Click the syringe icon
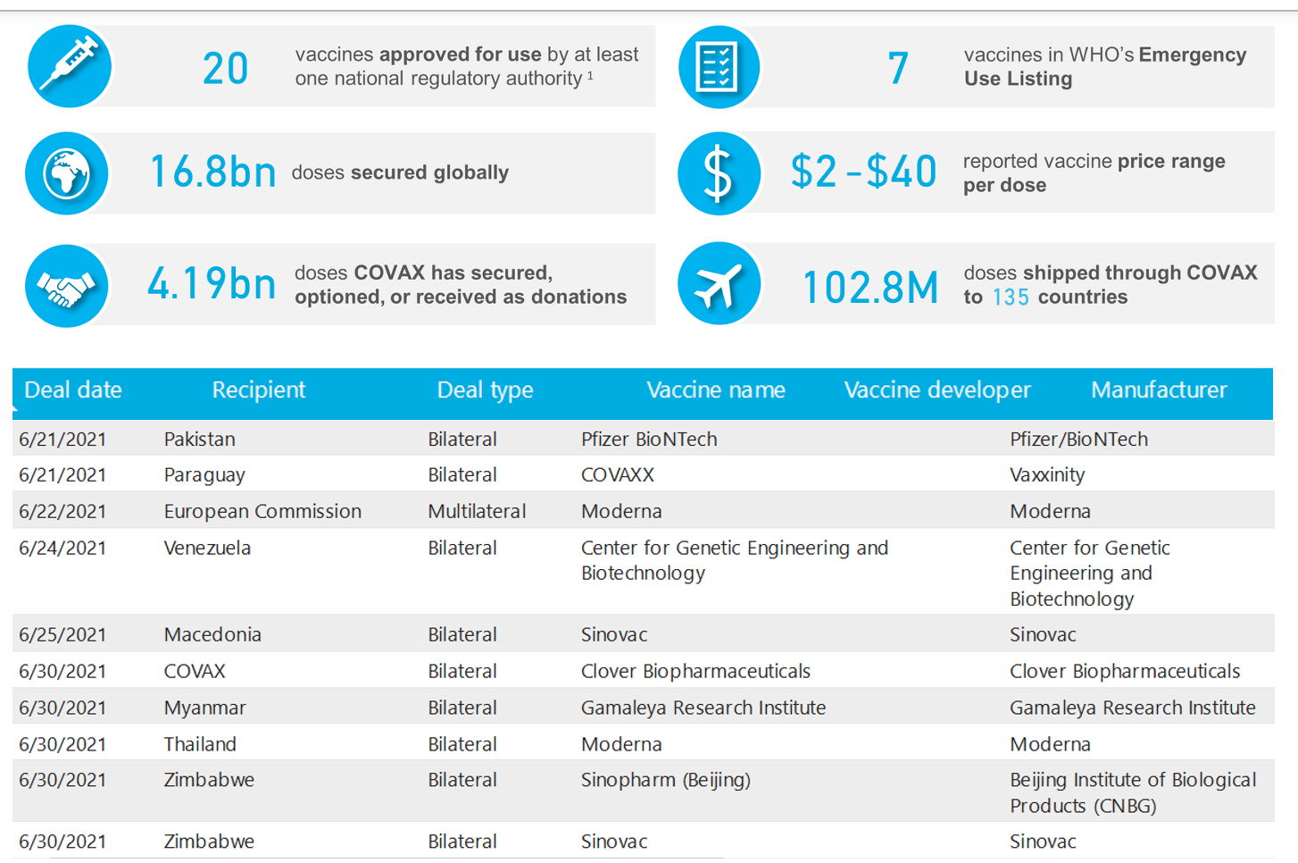point(70,67)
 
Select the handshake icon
point(67,286)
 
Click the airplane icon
point(719,285)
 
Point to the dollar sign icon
point(719,173)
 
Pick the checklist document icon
point(719,67)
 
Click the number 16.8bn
point(212,172)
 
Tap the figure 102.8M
point(870,288)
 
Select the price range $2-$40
point(863,172)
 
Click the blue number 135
point(1011,297)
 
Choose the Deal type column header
point(485,390)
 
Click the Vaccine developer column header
point(937,390)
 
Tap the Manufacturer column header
point(1159,390)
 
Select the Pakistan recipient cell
point(200,440)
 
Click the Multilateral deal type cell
point(477,512)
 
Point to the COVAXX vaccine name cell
point(618,475)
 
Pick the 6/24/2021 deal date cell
point(62,549)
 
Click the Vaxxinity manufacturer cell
point(1047,475)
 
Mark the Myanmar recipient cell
point(205,708)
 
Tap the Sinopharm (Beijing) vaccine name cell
point(666,780)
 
